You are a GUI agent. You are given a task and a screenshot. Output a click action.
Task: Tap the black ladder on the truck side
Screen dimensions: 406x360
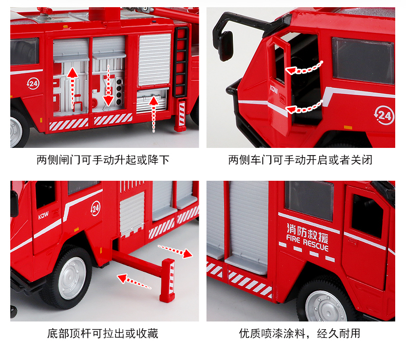[x=181, y=62]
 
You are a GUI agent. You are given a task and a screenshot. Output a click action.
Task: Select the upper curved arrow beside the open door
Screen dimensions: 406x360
[x=304, y=68]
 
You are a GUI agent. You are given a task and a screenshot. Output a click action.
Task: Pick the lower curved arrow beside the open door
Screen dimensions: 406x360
[x=304, y=108]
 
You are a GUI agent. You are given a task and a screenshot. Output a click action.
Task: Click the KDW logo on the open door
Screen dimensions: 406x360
[x=274, y=89]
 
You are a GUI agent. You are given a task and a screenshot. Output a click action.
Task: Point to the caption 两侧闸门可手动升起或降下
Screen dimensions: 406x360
[x=103, y=160]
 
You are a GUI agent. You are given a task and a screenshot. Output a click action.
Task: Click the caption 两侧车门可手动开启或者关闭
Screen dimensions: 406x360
[x=300, y=160]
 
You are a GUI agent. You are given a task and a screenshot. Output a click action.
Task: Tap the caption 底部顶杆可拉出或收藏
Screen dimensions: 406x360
[x=103, y=333]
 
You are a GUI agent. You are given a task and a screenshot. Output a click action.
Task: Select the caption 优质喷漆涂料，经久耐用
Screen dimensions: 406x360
[x=300, y=333]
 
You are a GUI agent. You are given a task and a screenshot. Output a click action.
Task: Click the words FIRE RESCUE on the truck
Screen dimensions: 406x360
[x=307, y=243]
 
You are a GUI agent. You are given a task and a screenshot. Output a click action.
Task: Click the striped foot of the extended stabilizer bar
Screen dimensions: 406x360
[x=168, y=280]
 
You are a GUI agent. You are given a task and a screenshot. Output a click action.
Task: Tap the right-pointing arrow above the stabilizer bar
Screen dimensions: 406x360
[x=175, y=251]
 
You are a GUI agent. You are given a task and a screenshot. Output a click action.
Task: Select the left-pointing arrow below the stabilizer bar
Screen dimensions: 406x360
[x=134, y=281]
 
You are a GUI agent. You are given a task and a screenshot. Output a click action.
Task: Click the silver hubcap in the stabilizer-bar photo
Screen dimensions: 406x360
[x=72, y=278]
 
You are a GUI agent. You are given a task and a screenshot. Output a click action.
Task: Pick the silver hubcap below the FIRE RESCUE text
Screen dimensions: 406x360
[x=326, y=307]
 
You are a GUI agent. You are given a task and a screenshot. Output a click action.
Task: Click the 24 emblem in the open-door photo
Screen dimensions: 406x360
[x=384, y=115]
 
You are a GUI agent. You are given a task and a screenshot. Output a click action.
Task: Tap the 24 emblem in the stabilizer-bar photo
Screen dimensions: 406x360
[x=96, y=209]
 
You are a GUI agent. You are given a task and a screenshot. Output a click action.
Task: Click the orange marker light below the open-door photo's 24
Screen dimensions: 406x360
[x=348, y=127]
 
